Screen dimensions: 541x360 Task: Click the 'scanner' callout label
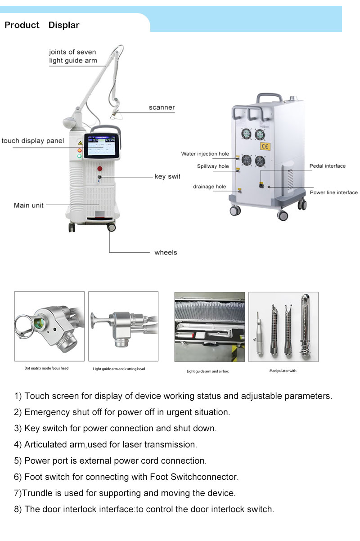pos(162,107)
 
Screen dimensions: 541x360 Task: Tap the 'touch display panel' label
pos(32,141)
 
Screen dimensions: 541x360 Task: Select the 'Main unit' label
pos(29,205)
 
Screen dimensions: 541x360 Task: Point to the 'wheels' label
pos(166,252)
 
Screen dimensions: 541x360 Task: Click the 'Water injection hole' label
pos(205,154)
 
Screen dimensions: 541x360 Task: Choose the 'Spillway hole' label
pos(212,166)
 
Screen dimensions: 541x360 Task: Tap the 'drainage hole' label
pos(209,187)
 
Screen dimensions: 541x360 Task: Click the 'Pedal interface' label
pos(327,166)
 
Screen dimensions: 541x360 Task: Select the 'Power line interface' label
pos(333,192)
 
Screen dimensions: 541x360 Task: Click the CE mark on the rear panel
pos(265,146)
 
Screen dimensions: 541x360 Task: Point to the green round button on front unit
pos(79,156)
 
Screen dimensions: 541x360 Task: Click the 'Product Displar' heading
pos(42,25)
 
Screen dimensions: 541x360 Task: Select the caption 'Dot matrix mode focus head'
pos(46,368)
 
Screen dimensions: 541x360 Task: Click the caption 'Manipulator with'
pos(283,371)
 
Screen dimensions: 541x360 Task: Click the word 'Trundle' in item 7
pos(36,493)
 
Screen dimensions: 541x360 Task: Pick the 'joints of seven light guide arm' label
pos(73,56)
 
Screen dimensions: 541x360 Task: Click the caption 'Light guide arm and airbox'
pos(208,371)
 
